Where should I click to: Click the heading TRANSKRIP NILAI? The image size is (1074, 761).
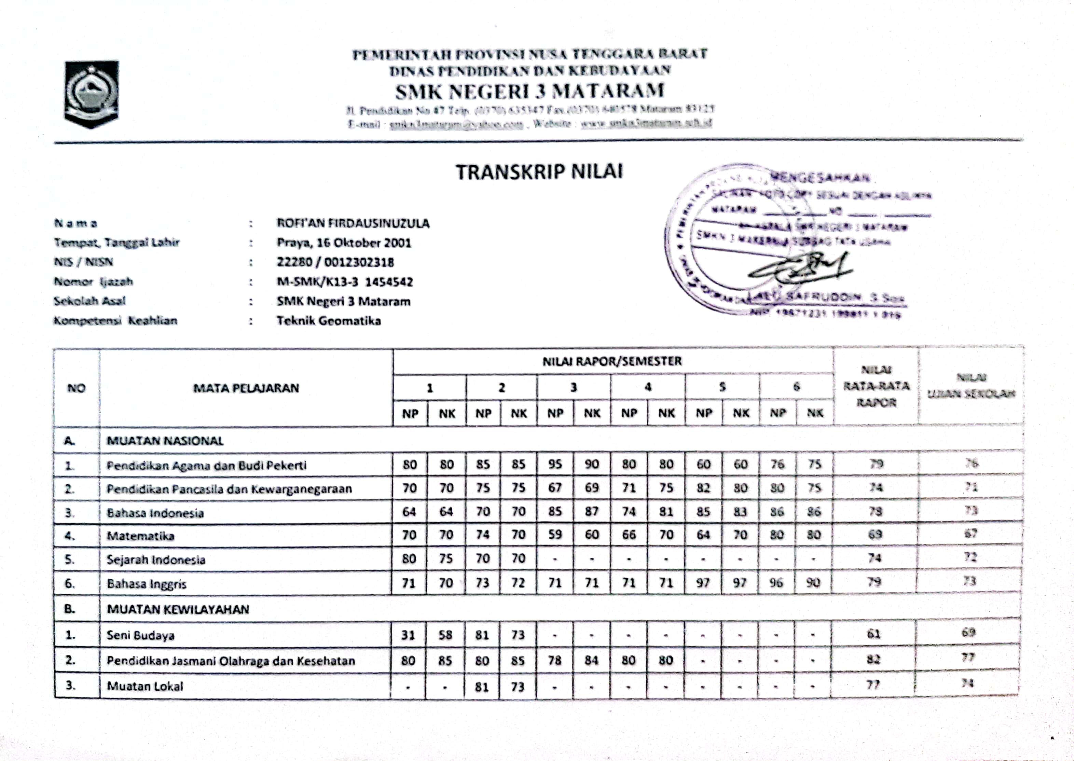pyautogui.click(x=539, y=172)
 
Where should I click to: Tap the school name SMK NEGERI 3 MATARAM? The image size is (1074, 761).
pyautogui.click(x=530, y=91)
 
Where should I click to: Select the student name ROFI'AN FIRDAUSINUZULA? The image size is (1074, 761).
pyautogui.click(x=353, y=223)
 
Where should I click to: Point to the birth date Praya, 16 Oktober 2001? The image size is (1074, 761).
pyautogui.click(x=343, y=243)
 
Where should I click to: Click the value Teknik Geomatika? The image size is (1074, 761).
pyautogui.click(x=329, y=320)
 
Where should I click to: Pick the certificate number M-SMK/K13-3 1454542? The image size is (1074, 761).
pyautogui.click(x=344, y=282)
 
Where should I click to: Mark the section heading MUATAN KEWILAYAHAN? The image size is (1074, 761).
pyautogui.click(x=178, y=609)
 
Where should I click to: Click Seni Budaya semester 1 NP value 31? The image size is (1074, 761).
pyautogui.click(x=408, y=635)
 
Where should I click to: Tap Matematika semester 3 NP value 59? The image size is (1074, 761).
pyautogui.click(x=555, y=535)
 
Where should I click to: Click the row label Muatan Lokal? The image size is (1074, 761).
pyautogui.click(x=145, y=686)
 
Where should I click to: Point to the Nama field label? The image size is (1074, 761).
pyautogui.click(x=76, y=223)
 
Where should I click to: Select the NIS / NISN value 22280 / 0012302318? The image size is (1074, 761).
pyautogui.click(x=335, y=262)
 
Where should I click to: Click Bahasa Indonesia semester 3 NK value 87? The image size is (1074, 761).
pyautogui.click(x=591, y=511)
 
